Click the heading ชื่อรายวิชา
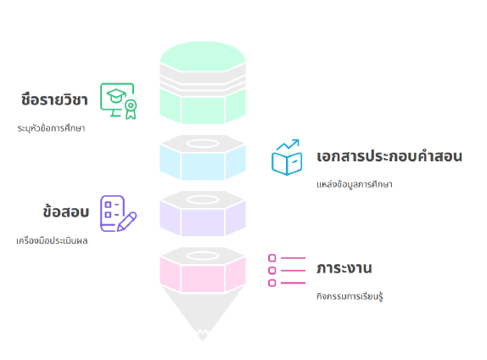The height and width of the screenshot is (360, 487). pyautogui.click(x=54, y=99)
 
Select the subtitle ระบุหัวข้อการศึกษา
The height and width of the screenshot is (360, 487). pyautogui.click(x=51, y=128)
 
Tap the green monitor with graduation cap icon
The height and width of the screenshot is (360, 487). pyautogui.click(x=118, y=101)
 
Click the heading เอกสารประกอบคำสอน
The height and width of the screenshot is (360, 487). pyautogui.click(x=389, y=155)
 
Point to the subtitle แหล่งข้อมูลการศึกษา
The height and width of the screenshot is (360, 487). pyautogui.click(x=355, y=184)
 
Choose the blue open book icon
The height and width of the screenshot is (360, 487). pyautogui.click(x=287, y=157)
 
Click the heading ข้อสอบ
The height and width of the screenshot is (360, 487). pyautogui.click(x=66, y=211)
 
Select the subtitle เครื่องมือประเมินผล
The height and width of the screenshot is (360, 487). pyautogui.click(x=52, y=240)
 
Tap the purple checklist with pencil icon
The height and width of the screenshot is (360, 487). pyautogui.click(x=118, y=213)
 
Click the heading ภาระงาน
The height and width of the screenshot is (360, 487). pyautogui.click(x=344, y=268)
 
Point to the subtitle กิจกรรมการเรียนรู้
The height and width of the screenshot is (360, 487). pyautogui.click(x=350, y=296)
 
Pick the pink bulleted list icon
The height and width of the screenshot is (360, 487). pyautogui.click(x=287, y=270)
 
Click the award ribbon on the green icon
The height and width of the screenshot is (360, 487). pyautogui.click(x=131, y=110)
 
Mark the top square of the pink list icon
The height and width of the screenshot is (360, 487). pyautogui.click(x=272, y=258)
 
